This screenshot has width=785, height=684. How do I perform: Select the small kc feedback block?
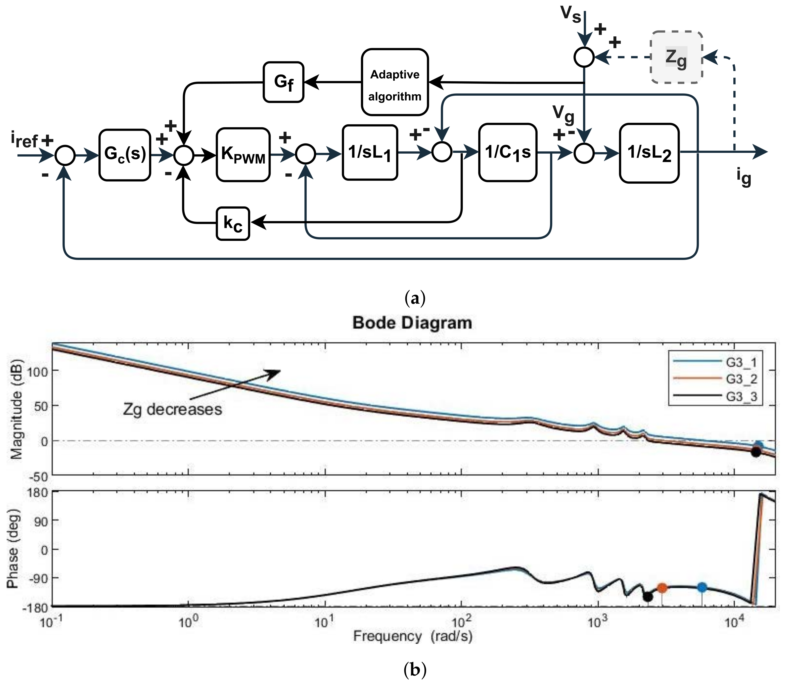click(233, 224)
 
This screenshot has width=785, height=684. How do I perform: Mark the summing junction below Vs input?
click(584, 57)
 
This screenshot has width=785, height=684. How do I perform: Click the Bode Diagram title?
click(412, 323)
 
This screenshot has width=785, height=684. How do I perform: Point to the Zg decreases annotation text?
click(172, 409)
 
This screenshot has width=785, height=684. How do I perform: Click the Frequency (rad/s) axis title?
click(412, 636)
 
